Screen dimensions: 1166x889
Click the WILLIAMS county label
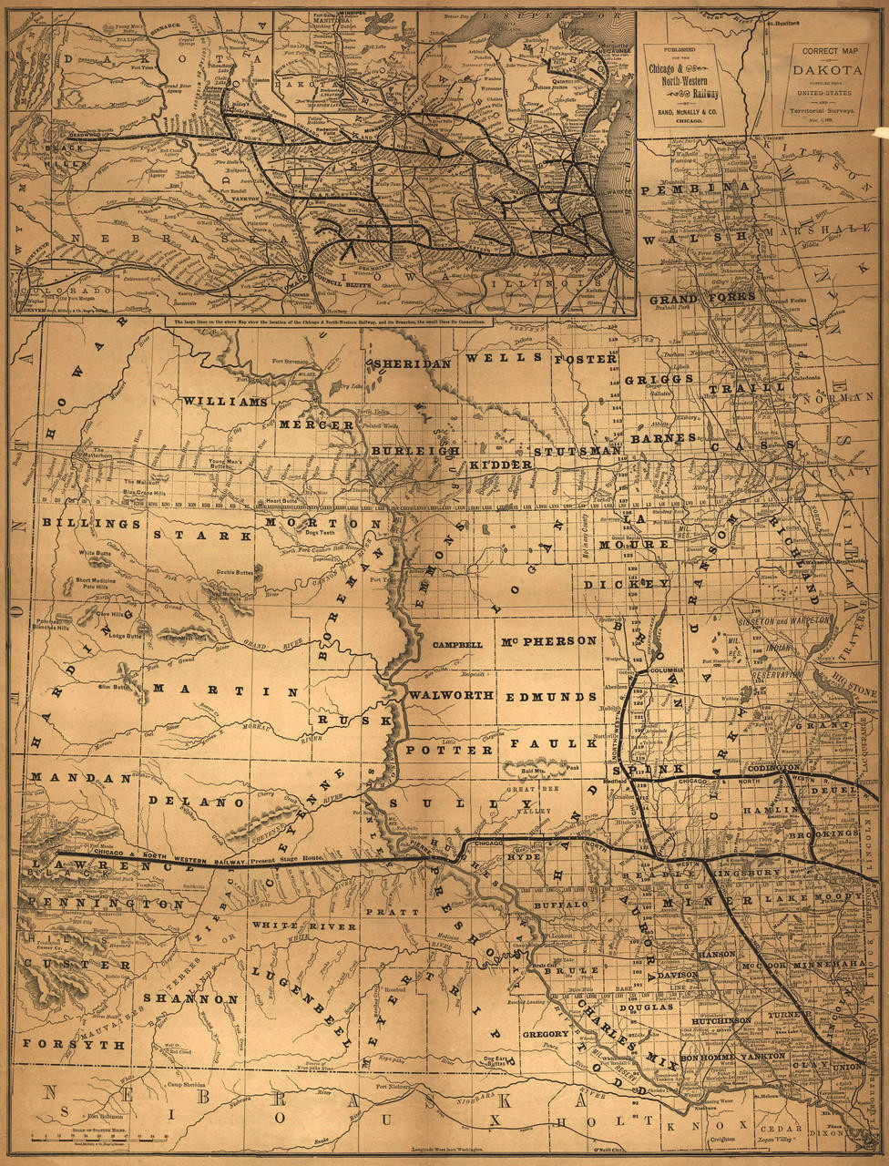click(x=225, y=401)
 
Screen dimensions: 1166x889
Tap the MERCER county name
click(x=316, y=424)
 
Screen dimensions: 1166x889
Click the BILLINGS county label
click(x=91, y=524)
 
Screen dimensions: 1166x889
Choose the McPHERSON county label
click(x=549, y=640)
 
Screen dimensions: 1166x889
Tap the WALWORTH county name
click(x=451, y=695)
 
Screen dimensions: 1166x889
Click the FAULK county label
click(x=545, y=744)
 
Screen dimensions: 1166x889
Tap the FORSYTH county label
click(x=74, y=1044)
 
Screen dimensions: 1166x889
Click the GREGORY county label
click(x=546, y=1035)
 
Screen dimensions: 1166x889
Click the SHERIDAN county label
click(x=411, y=363)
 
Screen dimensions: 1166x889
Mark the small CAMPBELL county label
click(x=457, y=644)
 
